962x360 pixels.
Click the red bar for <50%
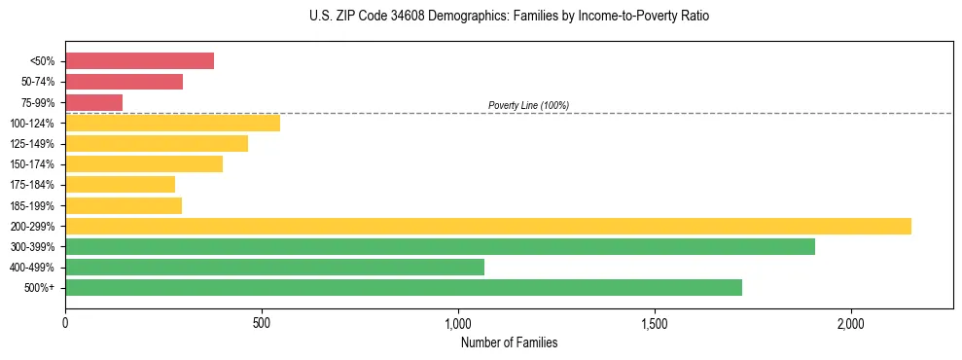pos(139,61)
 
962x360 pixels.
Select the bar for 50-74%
pos(124,82)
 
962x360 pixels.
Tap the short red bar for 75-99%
pos(93,102)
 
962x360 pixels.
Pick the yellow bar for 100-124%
pos(172,123)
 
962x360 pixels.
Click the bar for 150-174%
pos(144,163)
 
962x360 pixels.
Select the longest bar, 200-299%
pos(487,226)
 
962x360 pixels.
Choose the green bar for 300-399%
pos(440,246)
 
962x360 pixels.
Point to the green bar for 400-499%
pos(274,267)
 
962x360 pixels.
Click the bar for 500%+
pos(403,287)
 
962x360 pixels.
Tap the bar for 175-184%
pos(120,184)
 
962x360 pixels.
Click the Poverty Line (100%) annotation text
pos(528,105)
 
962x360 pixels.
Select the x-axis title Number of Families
pos(509,342)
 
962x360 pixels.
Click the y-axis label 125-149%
pos(32,144)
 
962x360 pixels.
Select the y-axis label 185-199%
pos(32,205)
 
